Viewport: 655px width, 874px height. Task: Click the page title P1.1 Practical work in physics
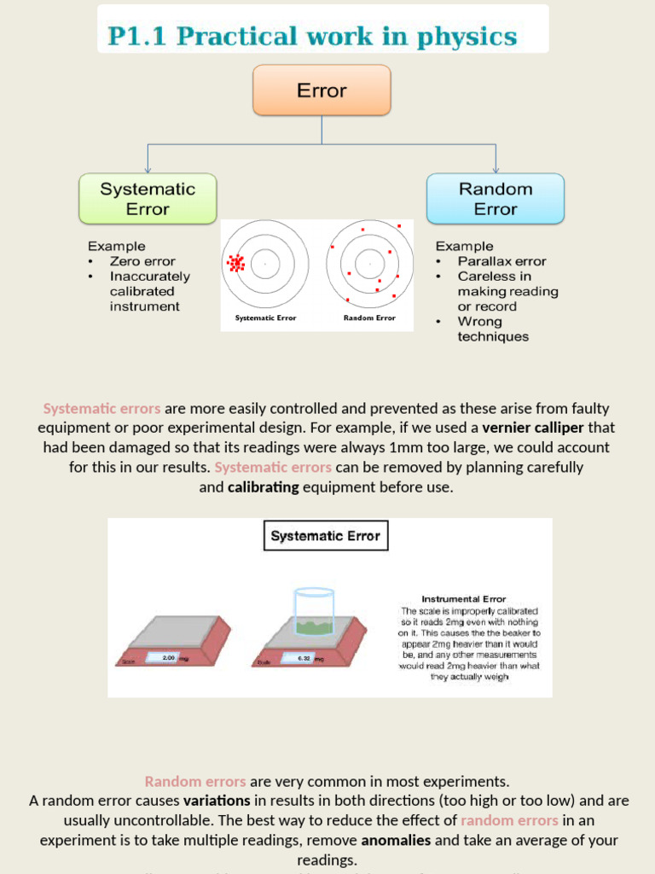(312, 37)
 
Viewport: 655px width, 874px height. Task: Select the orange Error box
(322, 90)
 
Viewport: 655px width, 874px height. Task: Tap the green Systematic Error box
(148, 199)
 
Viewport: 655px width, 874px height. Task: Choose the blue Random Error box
(495, 199)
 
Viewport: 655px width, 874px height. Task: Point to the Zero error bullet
(142, 261)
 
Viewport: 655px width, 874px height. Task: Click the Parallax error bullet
(501, 261)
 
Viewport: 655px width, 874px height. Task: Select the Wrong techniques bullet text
(492, 329)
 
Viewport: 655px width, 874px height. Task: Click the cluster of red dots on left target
(235, 264)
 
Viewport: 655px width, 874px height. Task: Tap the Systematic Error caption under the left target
(265, 318)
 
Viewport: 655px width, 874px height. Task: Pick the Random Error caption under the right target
(369, 318)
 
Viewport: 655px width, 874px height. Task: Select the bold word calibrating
(263, 487)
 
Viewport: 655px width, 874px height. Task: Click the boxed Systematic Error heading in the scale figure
(325, 536)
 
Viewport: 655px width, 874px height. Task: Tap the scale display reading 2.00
(168, 658)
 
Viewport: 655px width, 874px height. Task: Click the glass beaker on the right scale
(313, 610)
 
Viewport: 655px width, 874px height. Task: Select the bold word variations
(217, 801)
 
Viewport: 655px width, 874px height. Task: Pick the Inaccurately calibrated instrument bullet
(149, 291)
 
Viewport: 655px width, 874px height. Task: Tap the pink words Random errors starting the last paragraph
(195, 781)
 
